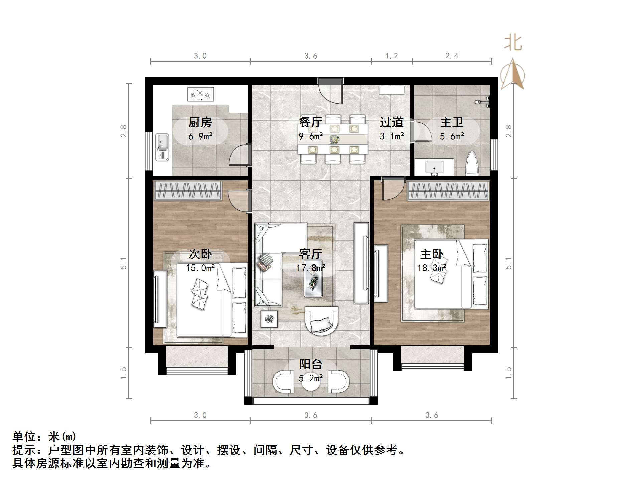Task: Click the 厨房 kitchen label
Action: click(200, 123)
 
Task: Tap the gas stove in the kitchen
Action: click(200, 94)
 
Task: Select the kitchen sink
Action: click(163, 147)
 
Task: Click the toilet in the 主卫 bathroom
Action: click(472, 164)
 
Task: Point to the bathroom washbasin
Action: click(434, 167)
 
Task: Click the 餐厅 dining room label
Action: click(310, 122)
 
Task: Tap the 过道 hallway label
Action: click(391, 123)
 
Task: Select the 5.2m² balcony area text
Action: click(310, 378)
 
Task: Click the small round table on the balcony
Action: click(311, 382)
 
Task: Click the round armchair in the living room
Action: click(321, 321)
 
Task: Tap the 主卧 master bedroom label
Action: click(432, 254)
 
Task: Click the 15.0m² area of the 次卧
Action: click(200, 268)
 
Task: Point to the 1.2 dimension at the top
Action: click(391, 56)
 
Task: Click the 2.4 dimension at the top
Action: click(452, 56)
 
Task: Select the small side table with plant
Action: click(269, 319)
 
